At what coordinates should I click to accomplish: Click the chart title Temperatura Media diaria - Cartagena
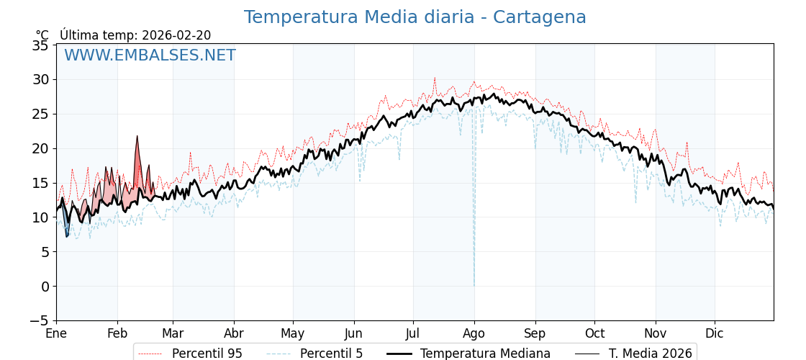(x=415, y=17)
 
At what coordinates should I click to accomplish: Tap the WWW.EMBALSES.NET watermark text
(x=150, y=55)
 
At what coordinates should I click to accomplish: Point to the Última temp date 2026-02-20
(x=176, y=35)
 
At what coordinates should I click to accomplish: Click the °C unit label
(x=42, y=35)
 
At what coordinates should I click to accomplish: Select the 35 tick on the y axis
(x=40, y=45)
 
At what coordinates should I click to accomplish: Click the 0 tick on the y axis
(x=45, y=287)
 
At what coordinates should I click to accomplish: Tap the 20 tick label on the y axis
(x=40, y=148)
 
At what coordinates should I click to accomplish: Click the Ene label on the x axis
(x=56, y=333)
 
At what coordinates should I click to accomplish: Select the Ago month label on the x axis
(x=474, y=333)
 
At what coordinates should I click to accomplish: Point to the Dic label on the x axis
(x=715, y=333)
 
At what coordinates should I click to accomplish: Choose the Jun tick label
(x=353, y=333)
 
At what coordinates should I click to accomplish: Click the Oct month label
(x=594, y=333)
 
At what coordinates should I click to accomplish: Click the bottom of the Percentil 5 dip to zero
(x=474, y=284)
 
